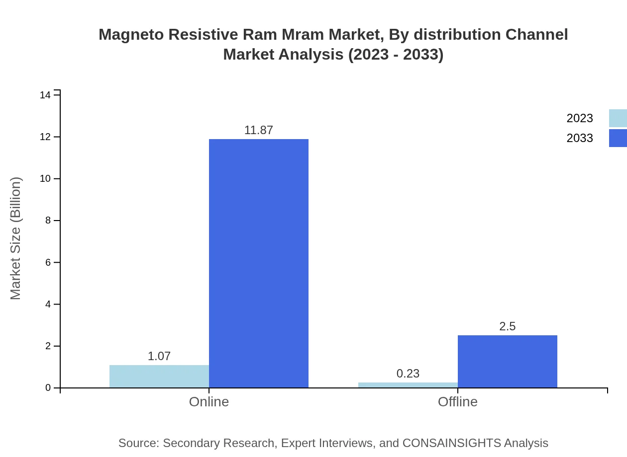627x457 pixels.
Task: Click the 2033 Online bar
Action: tap(259, 263)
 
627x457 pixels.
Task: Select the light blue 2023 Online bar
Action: tap(159, 377)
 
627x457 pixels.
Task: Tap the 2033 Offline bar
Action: tap(508, 362)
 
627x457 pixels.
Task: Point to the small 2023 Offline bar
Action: tap(408, 385)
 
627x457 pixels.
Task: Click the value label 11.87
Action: tap(259, 130)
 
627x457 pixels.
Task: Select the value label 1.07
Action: tap(159, 356)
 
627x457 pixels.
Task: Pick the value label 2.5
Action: tap(508, 326)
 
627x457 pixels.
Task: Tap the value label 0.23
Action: tap(408, 374)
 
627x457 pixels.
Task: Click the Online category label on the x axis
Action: tap(209, 401)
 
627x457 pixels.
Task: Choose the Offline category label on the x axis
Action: tap(458, 401)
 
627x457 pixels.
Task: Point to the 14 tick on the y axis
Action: tap(45, 95)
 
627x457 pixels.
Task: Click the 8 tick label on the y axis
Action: tap(48, 221)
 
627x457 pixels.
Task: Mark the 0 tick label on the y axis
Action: tap(48, 388)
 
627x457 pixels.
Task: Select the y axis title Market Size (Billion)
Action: tap(15, 238)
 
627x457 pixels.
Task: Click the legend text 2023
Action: tap(580, 118)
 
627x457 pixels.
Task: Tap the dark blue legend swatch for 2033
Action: tap(618, 138)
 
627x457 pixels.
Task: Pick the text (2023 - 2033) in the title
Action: tap(396, 55)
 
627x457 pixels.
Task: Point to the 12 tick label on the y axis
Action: tap(45, 137)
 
